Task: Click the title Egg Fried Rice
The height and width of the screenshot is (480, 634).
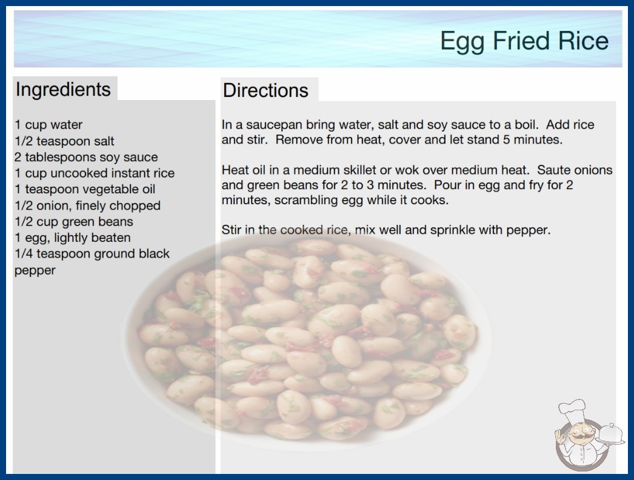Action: tap(524, 41)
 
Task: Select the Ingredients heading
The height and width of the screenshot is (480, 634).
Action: tap(63, 90)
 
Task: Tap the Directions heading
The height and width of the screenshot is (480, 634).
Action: tap(265, 90)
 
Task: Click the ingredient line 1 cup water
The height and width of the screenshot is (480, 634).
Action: tap(48, 125)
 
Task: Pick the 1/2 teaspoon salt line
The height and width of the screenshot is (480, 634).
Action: tap(64, 141)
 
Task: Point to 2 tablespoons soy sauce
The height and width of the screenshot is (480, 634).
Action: tap(86, 157)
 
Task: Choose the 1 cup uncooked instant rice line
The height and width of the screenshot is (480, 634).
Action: tap(95, 173)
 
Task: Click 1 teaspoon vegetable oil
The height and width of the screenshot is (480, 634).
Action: tap(85, 189)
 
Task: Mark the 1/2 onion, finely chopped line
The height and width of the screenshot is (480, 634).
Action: tap(87, 205)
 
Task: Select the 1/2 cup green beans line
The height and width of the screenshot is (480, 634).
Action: tap(74, 222)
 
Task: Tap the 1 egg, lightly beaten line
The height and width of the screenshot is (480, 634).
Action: tap(73, 238)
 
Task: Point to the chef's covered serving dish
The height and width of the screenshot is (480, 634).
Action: tap(611, 435)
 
